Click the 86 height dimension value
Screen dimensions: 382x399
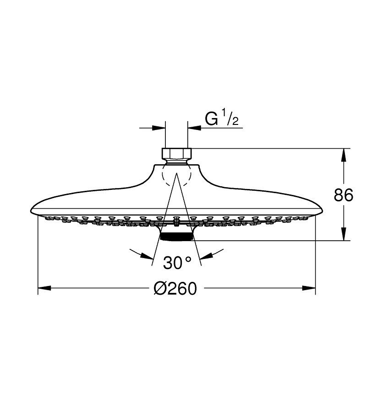pyautogui.click(x=343, y=195)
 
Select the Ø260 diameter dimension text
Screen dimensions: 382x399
pyautogui.click(x=175, y=288)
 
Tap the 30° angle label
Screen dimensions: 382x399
pyautogui.click(x=177, y=263)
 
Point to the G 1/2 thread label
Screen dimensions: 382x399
pyautogui.click(x=222, y=117)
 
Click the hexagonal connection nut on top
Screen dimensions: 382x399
pyautogui.click(x=176, y=153)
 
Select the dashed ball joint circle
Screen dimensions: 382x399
pyautogui.click(x=162, y=176)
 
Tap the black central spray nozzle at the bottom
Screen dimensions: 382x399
pyautogui.click(x=176, y=237)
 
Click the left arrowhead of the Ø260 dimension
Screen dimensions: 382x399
pyautogui.click(x=44, y=288)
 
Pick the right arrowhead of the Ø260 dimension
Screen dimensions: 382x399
pyautogui.click(x=309, y=288)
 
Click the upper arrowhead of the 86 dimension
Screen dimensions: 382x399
pyautogui.click(x=343, y=155)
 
